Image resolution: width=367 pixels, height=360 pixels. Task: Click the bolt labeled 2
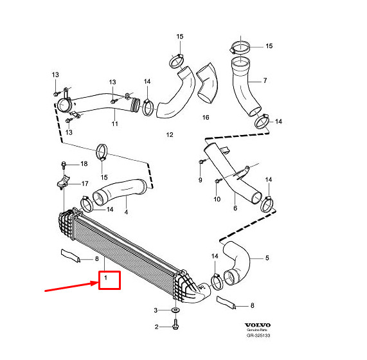click(175, 327)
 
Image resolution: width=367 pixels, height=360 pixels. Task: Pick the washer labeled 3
click(175, 311)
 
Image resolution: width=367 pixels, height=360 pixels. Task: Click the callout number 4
click(126, 212)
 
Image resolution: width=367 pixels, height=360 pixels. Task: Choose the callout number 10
click(216, 199)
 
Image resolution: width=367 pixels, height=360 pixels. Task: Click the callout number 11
click(115, 123)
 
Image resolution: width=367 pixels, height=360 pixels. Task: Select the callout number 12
click(170, 135)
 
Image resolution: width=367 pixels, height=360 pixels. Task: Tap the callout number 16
click(206, 118)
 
